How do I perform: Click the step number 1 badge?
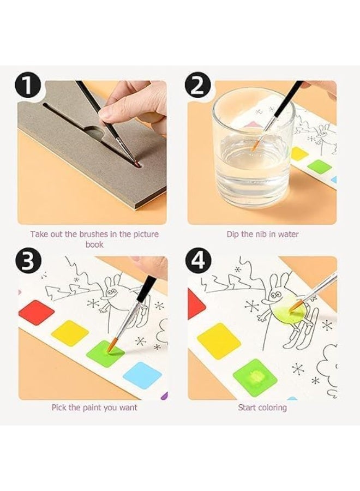(28, 85)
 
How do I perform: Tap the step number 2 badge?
(198, 85)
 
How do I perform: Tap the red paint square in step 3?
(37, 313)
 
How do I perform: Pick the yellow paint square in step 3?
(70, 333)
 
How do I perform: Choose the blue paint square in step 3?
(143, 375)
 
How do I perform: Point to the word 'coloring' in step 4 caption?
(271, 408)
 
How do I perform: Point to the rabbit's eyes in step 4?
(275, 295)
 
